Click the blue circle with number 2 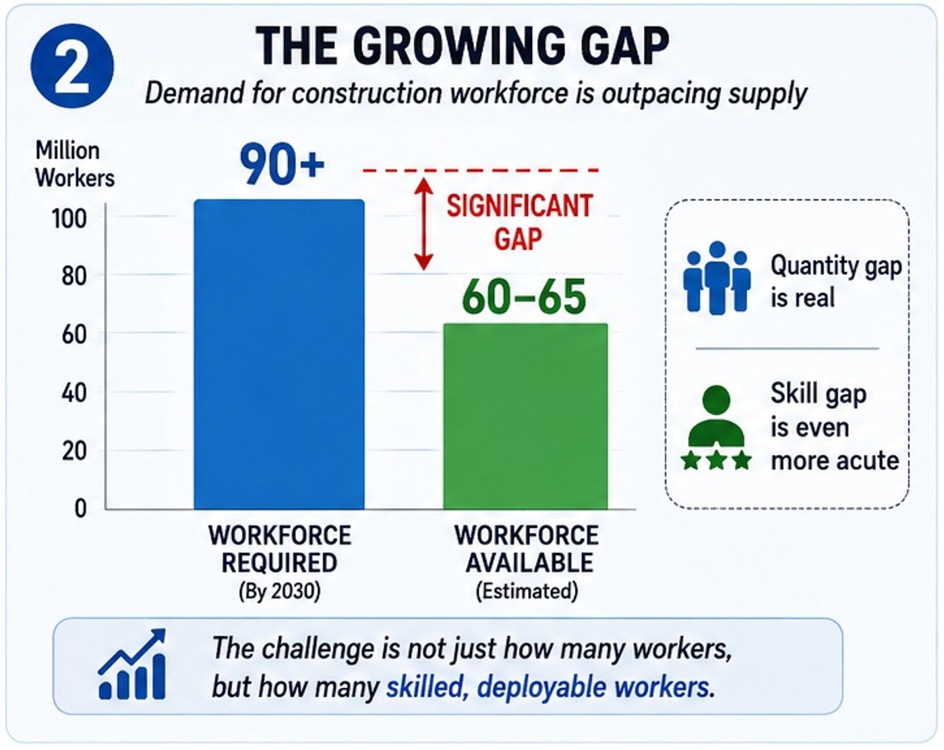(x=72, y=66)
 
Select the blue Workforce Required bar (x=279, y=354)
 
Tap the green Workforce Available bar (x=525, y=416)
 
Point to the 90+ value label (x=282, y=164)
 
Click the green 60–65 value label (x=524, y=296)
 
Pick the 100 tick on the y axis (x=69, y=218)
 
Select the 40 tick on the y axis (x=73, y=393)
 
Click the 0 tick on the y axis (x=80, y=509)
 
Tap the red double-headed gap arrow (x=423, y=224)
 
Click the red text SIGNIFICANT (x=520, y=206)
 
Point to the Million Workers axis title (x=75, y=164)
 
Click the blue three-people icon (x=717, y=278)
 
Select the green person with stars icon (x=716, y=427)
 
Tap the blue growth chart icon (x=132, y=664)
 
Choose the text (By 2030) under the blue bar (x=279, y=591)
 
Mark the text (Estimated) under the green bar (x=527, y=591)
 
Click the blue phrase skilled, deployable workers (x=548, y=687)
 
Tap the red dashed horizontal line (x=481, y=170)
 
